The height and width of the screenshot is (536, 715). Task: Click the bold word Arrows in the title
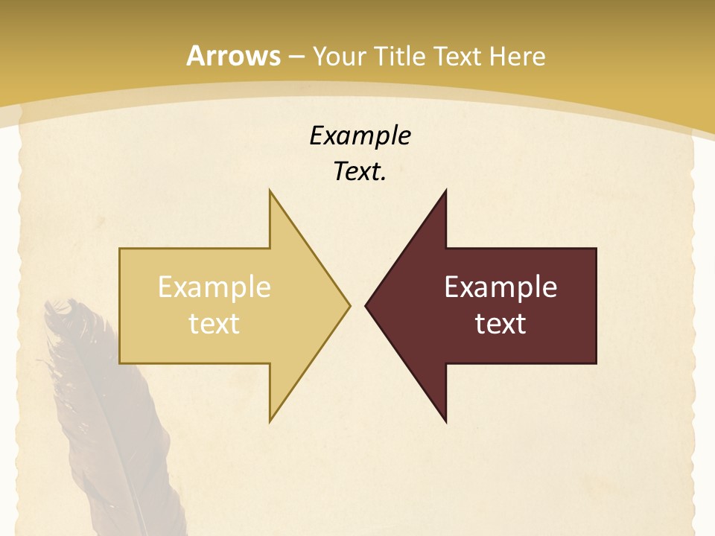coord(233,56)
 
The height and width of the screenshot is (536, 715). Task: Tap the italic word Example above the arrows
coord(360,135)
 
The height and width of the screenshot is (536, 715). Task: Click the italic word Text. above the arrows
coord(360,172)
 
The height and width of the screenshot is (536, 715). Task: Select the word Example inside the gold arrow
coord(214,287)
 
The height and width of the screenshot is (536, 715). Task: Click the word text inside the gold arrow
coord(214,323)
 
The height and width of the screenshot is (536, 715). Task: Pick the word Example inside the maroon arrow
coord(500,287)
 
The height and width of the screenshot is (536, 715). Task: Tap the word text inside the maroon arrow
coord(500,323)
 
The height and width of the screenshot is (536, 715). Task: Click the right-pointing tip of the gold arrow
coord(349,305)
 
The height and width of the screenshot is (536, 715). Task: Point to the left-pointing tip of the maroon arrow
coord(366,305)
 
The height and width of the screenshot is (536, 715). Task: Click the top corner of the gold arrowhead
coord(270,191)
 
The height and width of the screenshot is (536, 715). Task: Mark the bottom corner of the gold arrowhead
coord(270,421)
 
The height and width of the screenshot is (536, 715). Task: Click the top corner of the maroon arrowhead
coord(445,191)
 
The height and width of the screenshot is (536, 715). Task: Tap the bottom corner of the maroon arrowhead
coord(445,421)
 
